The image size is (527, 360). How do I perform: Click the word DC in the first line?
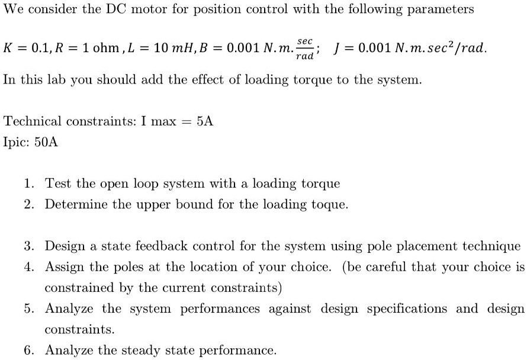116,9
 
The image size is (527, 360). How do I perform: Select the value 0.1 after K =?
40,48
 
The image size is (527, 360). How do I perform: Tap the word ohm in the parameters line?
106,48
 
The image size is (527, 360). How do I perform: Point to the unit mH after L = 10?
182,48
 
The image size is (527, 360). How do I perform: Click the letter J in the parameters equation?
337,48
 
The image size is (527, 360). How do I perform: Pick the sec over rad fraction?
305,49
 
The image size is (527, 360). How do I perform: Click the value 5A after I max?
205,121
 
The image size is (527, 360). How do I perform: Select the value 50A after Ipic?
46,142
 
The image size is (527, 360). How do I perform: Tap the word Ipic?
16,143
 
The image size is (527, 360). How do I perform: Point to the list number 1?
29,184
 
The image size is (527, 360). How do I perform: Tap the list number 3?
29,246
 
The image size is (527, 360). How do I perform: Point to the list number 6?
29,351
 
